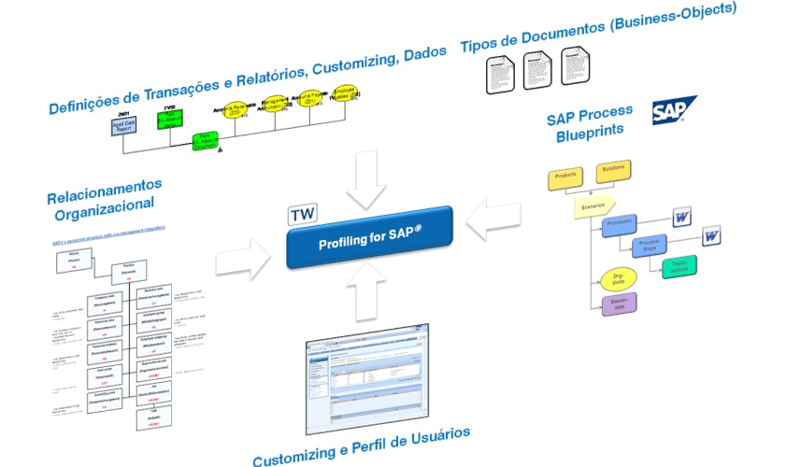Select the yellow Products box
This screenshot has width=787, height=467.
point(565,177)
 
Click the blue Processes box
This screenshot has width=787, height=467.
point(621,226)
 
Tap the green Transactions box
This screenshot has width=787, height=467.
point(679,267)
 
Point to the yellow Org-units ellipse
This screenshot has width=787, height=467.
point(618,277)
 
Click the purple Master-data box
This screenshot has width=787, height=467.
point(619,304)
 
